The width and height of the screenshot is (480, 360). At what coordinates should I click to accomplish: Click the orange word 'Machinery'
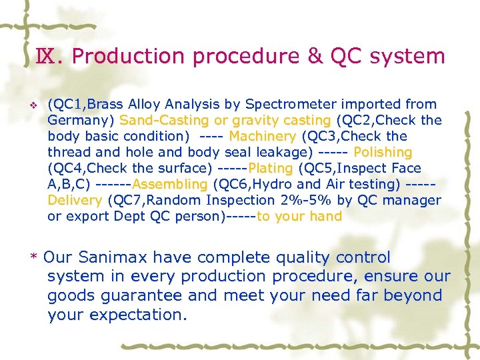pos(262,136)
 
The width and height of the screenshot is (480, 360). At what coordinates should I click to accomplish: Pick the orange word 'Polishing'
pos(383,152)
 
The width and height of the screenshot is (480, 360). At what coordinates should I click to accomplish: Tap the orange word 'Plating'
pos(270,168)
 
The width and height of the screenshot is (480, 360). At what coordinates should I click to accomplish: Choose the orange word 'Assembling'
pos(170,184)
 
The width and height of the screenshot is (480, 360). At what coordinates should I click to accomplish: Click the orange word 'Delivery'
pos(75,200)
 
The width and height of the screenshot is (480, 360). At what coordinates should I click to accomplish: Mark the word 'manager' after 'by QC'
pos(417,200)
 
